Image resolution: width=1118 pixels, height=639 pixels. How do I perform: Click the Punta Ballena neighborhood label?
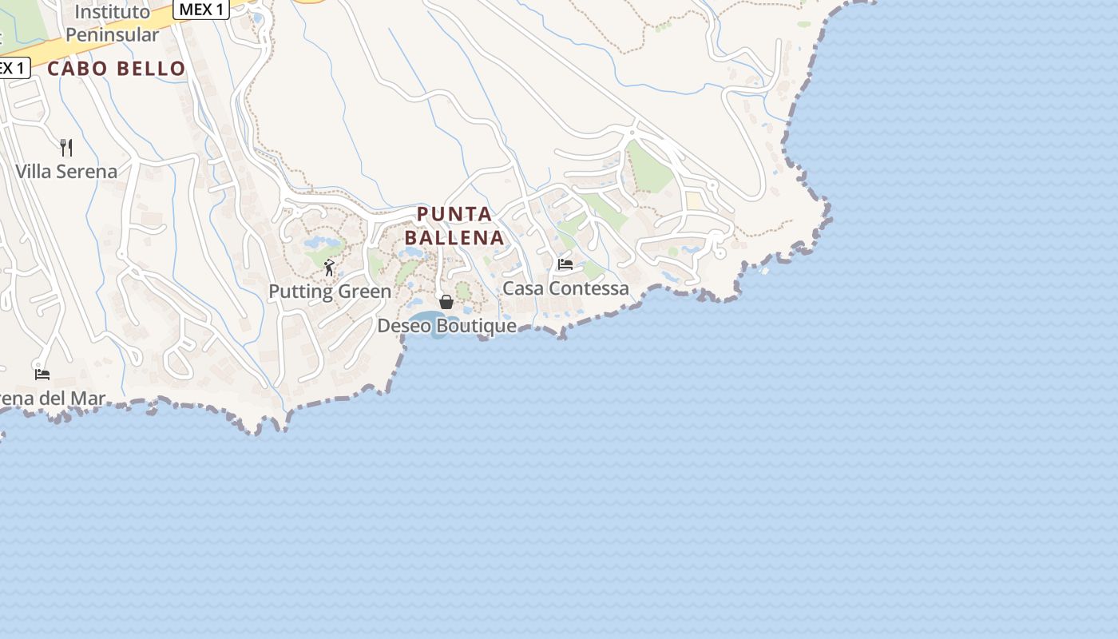point(454,226)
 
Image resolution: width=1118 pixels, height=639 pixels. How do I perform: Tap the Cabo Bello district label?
point(117,69)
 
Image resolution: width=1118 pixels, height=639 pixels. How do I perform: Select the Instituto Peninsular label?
point(112,23)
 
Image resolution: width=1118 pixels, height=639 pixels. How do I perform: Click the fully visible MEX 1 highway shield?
point(201,10)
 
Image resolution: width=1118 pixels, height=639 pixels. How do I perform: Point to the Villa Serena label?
point(66,172)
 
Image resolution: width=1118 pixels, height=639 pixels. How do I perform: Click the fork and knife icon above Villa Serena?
point(66,147)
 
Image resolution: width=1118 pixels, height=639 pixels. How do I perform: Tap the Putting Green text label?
point(330,292)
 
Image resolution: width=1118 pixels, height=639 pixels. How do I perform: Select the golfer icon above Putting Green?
point(329,268)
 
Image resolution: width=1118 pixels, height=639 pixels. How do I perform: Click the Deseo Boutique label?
point(446,326)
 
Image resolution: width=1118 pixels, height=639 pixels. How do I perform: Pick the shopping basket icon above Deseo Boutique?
point(446,302)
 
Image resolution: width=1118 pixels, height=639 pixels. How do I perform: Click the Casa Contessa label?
point(565,288)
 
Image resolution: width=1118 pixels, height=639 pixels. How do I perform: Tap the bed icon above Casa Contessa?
point(565,264)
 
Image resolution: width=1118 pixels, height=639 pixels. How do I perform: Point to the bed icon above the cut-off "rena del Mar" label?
point(42,374)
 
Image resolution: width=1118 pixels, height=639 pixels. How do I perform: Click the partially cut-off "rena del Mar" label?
point(53,399)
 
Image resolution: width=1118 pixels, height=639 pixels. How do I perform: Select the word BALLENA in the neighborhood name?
point(454,237)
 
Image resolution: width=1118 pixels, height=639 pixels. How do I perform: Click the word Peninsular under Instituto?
point(112,35)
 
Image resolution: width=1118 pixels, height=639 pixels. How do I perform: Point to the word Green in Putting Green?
point(366,292)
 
